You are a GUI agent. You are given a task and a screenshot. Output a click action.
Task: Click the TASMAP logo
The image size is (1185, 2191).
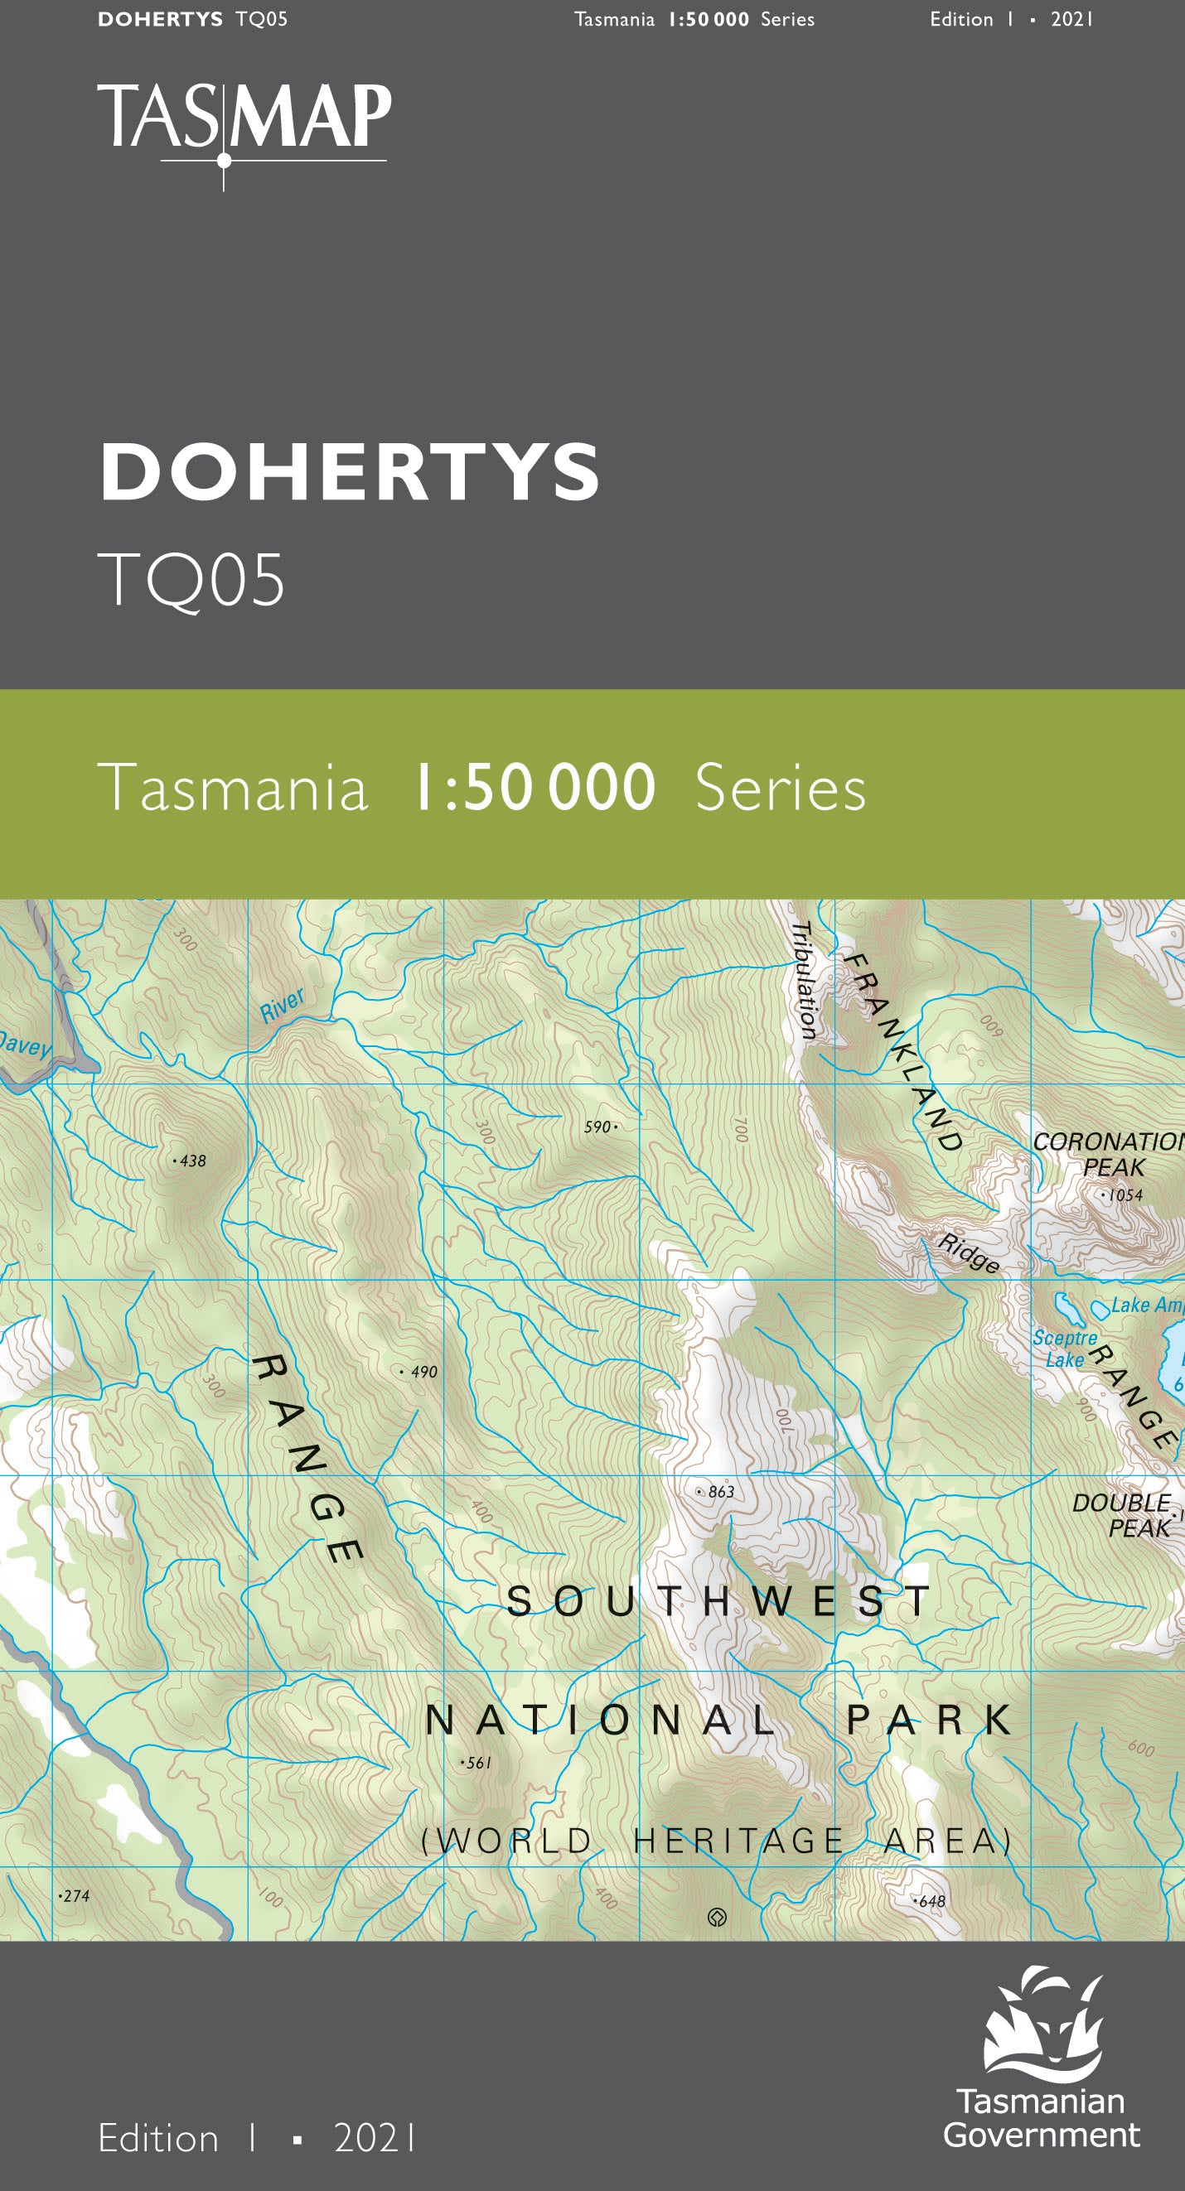coord(244,123)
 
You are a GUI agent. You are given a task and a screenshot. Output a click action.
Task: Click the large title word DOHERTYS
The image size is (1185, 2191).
coord(350,472)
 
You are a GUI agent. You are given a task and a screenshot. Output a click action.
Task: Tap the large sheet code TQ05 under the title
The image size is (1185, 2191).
coord(191,580)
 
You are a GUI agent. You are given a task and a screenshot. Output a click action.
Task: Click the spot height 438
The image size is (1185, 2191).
coord(191,1161)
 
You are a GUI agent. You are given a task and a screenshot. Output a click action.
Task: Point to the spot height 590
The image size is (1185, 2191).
coord(599,1127)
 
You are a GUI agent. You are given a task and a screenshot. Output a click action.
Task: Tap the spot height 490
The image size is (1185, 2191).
coord(421,1372)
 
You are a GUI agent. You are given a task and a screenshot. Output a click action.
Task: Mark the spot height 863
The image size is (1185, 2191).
coord(718,1492)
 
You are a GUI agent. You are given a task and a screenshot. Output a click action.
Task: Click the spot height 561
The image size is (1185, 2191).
coord(477,1764)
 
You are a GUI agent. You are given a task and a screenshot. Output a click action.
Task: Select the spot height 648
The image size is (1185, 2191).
coord(931,1901)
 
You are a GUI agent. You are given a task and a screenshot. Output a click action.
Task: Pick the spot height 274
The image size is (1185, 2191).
coord(75,1896)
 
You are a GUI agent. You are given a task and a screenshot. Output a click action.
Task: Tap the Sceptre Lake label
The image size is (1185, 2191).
coord(1064,1349)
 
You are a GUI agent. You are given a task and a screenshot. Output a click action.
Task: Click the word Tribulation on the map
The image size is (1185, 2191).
coord(804,980)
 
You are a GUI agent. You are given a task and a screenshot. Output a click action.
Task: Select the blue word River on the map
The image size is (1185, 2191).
coord(282,1005)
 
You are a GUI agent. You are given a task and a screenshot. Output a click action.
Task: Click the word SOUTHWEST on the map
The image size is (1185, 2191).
coord(718,1601)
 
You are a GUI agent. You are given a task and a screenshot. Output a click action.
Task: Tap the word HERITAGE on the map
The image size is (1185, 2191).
coord(738,1841)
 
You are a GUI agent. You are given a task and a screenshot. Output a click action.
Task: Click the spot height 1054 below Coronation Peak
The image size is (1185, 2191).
coord(1124,1195)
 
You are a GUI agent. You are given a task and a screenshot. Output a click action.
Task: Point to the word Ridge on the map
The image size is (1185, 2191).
coord(968,1253)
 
